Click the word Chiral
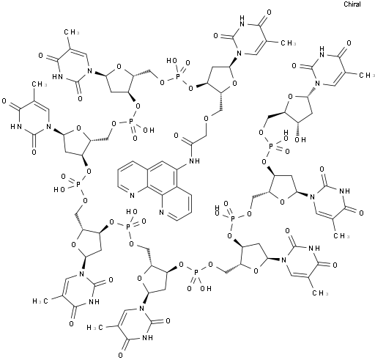click(352, 4)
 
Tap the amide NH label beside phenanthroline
click(194, 161)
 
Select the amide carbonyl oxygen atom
click(177, 136)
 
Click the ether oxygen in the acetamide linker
click(207, 119)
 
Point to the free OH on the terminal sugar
click(300, 140)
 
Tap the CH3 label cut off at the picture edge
click(367, 76)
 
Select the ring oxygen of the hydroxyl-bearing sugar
click(290, 98)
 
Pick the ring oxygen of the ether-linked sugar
click(234, 84)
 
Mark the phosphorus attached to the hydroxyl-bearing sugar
click(270, 147)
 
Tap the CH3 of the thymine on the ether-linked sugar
click(288, 43)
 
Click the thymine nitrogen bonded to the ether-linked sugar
click(240, 53)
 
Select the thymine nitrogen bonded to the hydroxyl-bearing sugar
click(317, 84)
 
